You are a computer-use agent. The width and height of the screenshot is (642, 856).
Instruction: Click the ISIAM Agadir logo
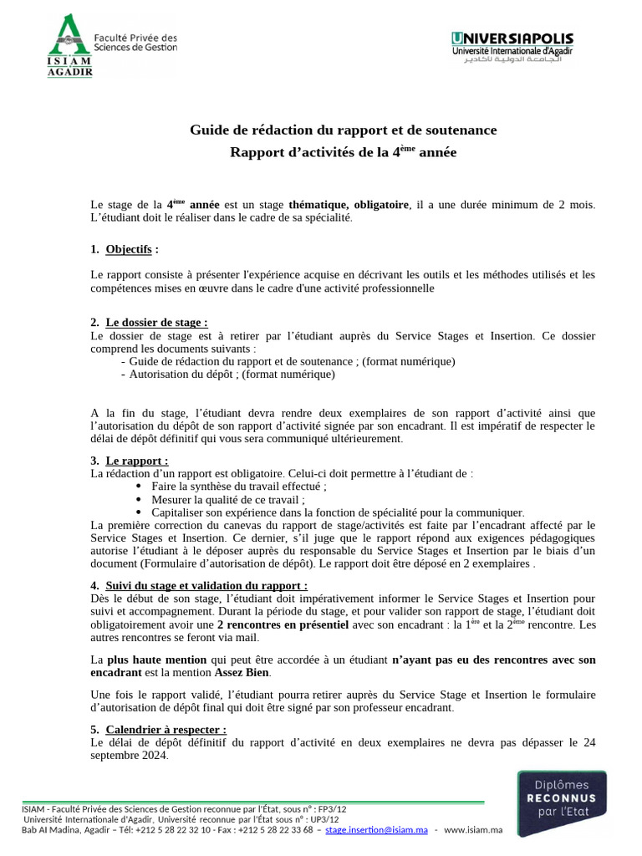[112, 46]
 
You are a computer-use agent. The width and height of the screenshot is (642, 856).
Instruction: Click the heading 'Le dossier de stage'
[156, 323]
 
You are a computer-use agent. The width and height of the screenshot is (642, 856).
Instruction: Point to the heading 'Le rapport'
[137, 461]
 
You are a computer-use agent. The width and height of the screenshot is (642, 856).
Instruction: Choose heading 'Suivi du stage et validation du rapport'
[206, 586]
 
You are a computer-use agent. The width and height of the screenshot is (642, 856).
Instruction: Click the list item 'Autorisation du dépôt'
[232, 374]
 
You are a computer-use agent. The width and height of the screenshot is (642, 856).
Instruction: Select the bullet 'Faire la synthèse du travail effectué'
[238, 486]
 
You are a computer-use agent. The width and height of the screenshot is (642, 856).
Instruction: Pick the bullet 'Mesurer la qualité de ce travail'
[227, 499]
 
